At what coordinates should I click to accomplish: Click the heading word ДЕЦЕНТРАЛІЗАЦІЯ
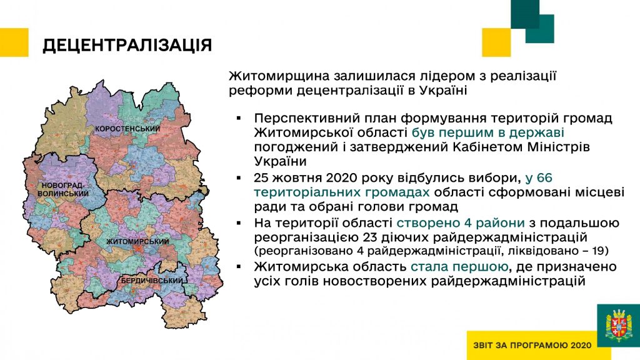pyautogui.click(x=127, y=45)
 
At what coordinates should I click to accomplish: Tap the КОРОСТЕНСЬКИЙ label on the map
pyautogui.click(x=127, y=129)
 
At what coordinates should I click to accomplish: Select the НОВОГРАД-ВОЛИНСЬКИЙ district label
pyautogui.click(x=63, y=189)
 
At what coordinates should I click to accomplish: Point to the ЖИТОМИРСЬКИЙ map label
pyautogui.click(x=137, y=241)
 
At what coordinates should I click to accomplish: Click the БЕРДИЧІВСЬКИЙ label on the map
pyautogui.click(x=152, y=281)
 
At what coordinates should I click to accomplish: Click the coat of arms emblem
pyautogui.click(x=619, y=325)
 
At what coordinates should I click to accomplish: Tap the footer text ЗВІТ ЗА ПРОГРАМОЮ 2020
pyautogui.click(x=532, y=345)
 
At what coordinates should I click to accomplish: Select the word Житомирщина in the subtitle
pyautogui.click(x=279, y=76)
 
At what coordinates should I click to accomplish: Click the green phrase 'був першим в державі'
pyautogui.click(x=487, y=132)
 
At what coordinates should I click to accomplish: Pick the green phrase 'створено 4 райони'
pyautogui.click(x=461, y=223)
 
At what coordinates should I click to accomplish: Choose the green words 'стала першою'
pyautogui.click(x=459, y=267)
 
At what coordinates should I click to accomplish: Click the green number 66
pyautogui.click(x=544, y=178)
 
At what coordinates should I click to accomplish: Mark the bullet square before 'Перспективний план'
pyautogui.click(x=239, y=118)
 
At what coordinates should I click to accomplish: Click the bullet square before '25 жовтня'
pyautogui.click(x=239, y=178)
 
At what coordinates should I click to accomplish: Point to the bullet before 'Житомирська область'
pyautogui.click(x=239, y=267)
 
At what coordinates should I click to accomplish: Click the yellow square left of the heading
pyautogui.click(x=14, y=42)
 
